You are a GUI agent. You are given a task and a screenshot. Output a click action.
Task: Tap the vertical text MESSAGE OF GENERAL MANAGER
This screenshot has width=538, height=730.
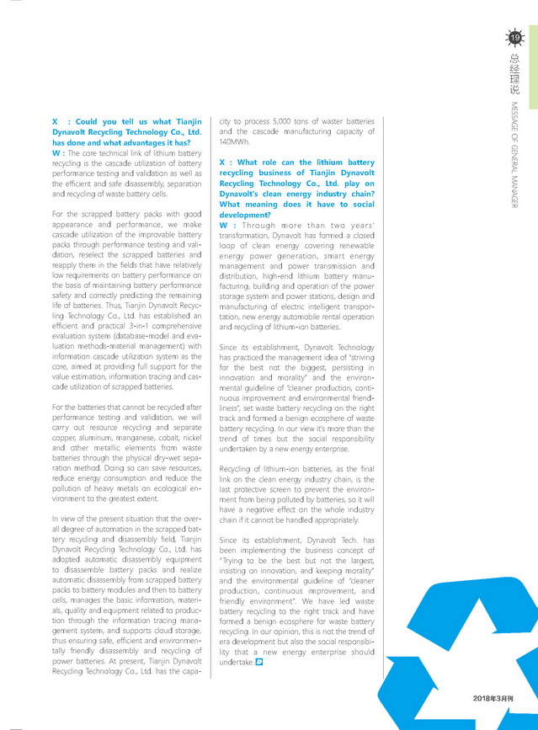tap(515, 155)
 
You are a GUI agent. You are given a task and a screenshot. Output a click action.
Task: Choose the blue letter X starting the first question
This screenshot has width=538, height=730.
tap(55, 122)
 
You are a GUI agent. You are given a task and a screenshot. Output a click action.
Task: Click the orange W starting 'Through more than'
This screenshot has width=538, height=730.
tap(222, 225)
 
